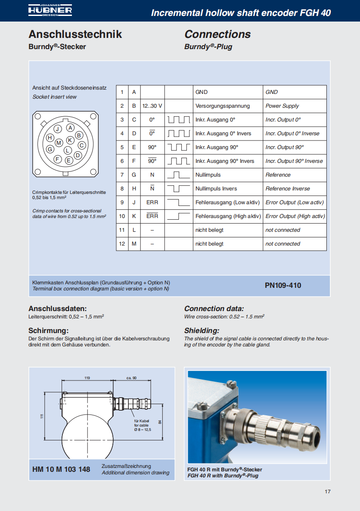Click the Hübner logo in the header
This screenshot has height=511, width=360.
pos(50,10)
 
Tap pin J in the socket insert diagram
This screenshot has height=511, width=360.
pos(57,129)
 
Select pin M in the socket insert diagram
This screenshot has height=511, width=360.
pos(59,142)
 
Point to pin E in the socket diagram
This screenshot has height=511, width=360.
pos(68,160)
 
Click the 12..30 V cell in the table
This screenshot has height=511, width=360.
pos(152,106)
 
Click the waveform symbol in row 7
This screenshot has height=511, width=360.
pos(179,175)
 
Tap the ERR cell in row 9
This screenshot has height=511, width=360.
pos(152,203)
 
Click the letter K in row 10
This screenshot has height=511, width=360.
pos(134,216)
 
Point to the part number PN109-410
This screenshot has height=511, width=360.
pos(283,285)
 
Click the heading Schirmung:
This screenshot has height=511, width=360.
pos(48,331)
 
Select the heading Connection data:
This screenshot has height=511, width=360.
pos(214,308)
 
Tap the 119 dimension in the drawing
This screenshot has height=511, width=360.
pos(87,378)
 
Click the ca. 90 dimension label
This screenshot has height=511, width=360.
pos(131,378)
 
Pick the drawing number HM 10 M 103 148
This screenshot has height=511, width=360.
pos(61,469)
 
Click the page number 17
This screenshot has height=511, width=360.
pos(327,492)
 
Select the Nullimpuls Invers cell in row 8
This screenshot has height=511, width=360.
pos(216,189)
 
